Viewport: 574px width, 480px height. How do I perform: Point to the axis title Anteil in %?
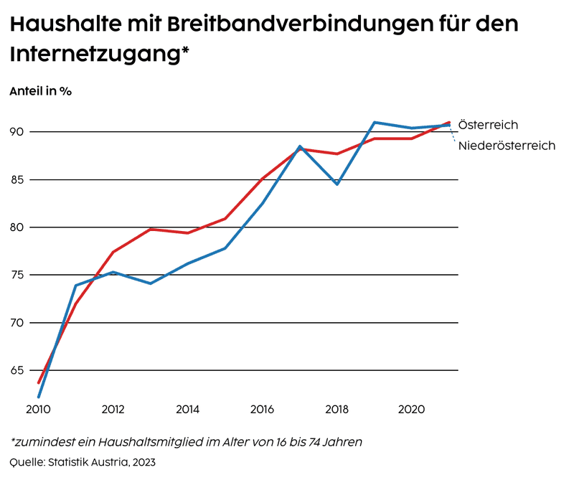40,91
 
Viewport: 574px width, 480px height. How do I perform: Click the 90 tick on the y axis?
17,132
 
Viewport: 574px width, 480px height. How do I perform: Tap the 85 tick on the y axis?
17,179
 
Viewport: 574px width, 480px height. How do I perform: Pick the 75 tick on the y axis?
17,275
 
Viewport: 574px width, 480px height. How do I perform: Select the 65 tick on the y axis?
17,370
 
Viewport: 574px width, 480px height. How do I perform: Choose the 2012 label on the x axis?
113,410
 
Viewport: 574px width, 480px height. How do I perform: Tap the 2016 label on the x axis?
262,410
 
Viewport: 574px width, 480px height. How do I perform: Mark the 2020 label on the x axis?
411,410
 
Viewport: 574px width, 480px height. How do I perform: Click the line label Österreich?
488,125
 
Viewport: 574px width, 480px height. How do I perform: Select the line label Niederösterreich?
507,146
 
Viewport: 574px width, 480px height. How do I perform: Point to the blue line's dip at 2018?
337,184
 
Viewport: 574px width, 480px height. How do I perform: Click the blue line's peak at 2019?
375,122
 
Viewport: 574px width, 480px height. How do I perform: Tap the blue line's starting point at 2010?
39,397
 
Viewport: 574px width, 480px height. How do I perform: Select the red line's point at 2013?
151,229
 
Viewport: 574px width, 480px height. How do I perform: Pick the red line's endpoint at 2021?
449,123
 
